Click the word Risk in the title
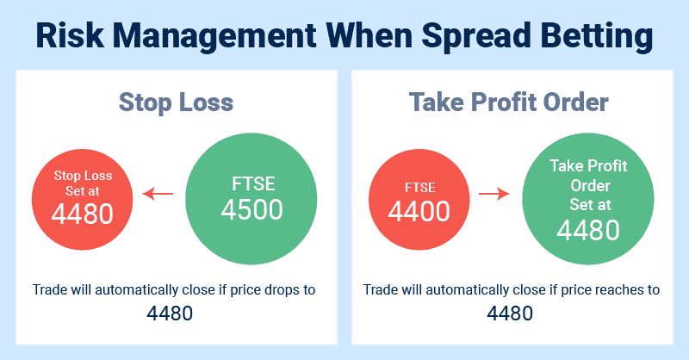(x=70, y=35)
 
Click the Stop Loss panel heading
(x=177, y=102)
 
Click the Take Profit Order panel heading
(x=508, y=102)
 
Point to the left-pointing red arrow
(x=158, y=193)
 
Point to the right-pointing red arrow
(x=493, y=193)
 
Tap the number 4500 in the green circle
(x=251, y=209)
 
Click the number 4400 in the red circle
(x=419, y=211)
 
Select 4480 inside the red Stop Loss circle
(x=82, y=214)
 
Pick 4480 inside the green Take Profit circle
(x=588, y=230)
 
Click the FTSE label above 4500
(x=253, y=183)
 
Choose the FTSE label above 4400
(x=420, y=188)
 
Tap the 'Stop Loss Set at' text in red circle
(x=83, y=183)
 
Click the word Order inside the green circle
(x=590, y=186)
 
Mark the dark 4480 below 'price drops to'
(x=170, y=313)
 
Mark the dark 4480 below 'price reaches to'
(x=510, y=313)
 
